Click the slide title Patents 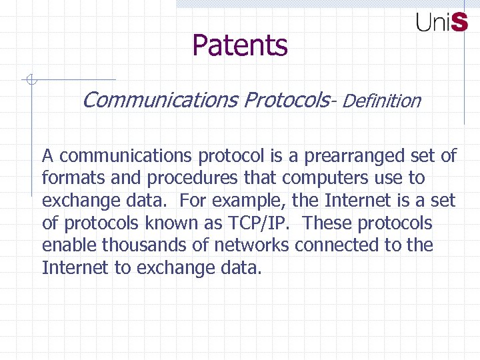coord(240,45)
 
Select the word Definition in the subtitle coord(383,101)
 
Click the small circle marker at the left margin coord(30,81)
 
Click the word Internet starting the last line coord(70,268)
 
